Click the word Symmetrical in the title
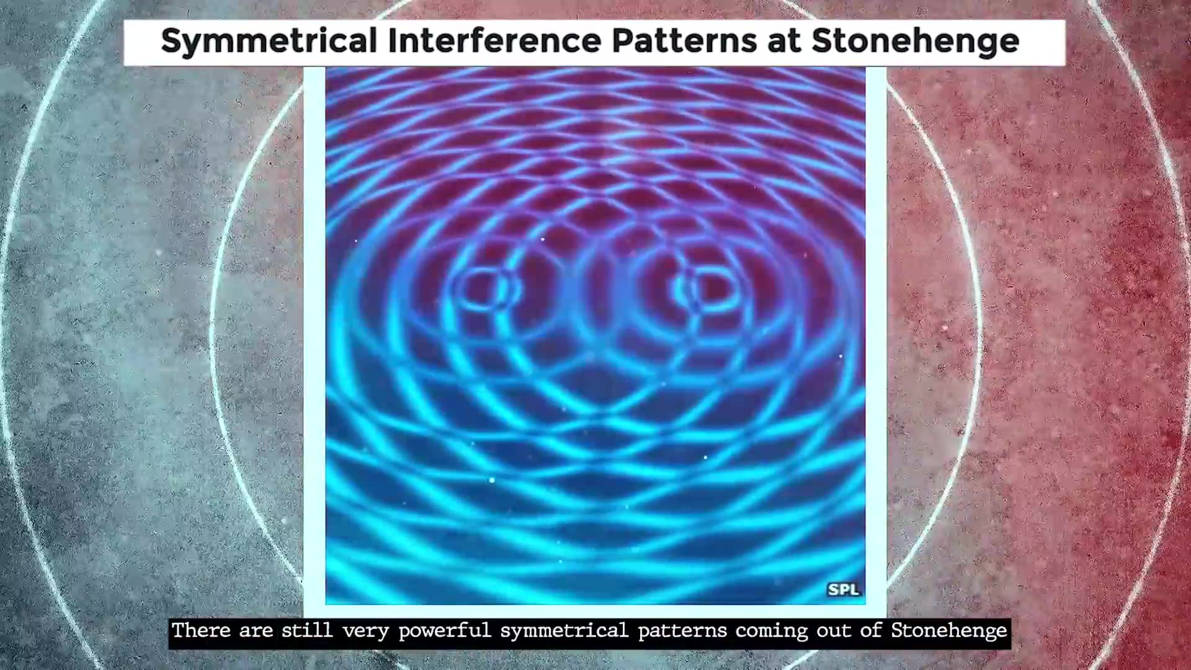tap(269, 41)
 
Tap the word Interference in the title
tap(493, 40)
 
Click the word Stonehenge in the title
tap(915, 41)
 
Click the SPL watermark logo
tap(844, 589)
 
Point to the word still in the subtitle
tap(307, 630)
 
